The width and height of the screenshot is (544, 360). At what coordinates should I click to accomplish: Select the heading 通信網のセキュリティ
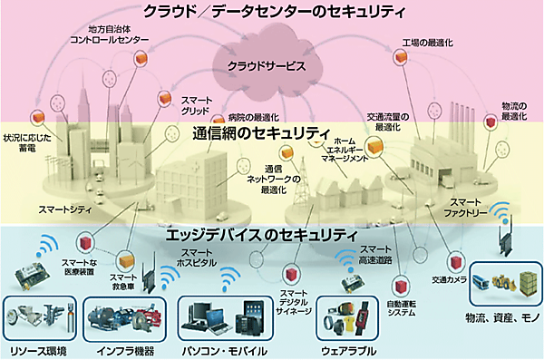(261, 135)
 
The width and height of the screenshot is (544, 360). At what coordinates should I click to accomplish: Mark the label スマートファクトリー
(471, 208)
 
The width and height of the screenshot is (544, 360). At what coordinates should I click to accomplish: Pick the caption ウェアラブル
(349, 350)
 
